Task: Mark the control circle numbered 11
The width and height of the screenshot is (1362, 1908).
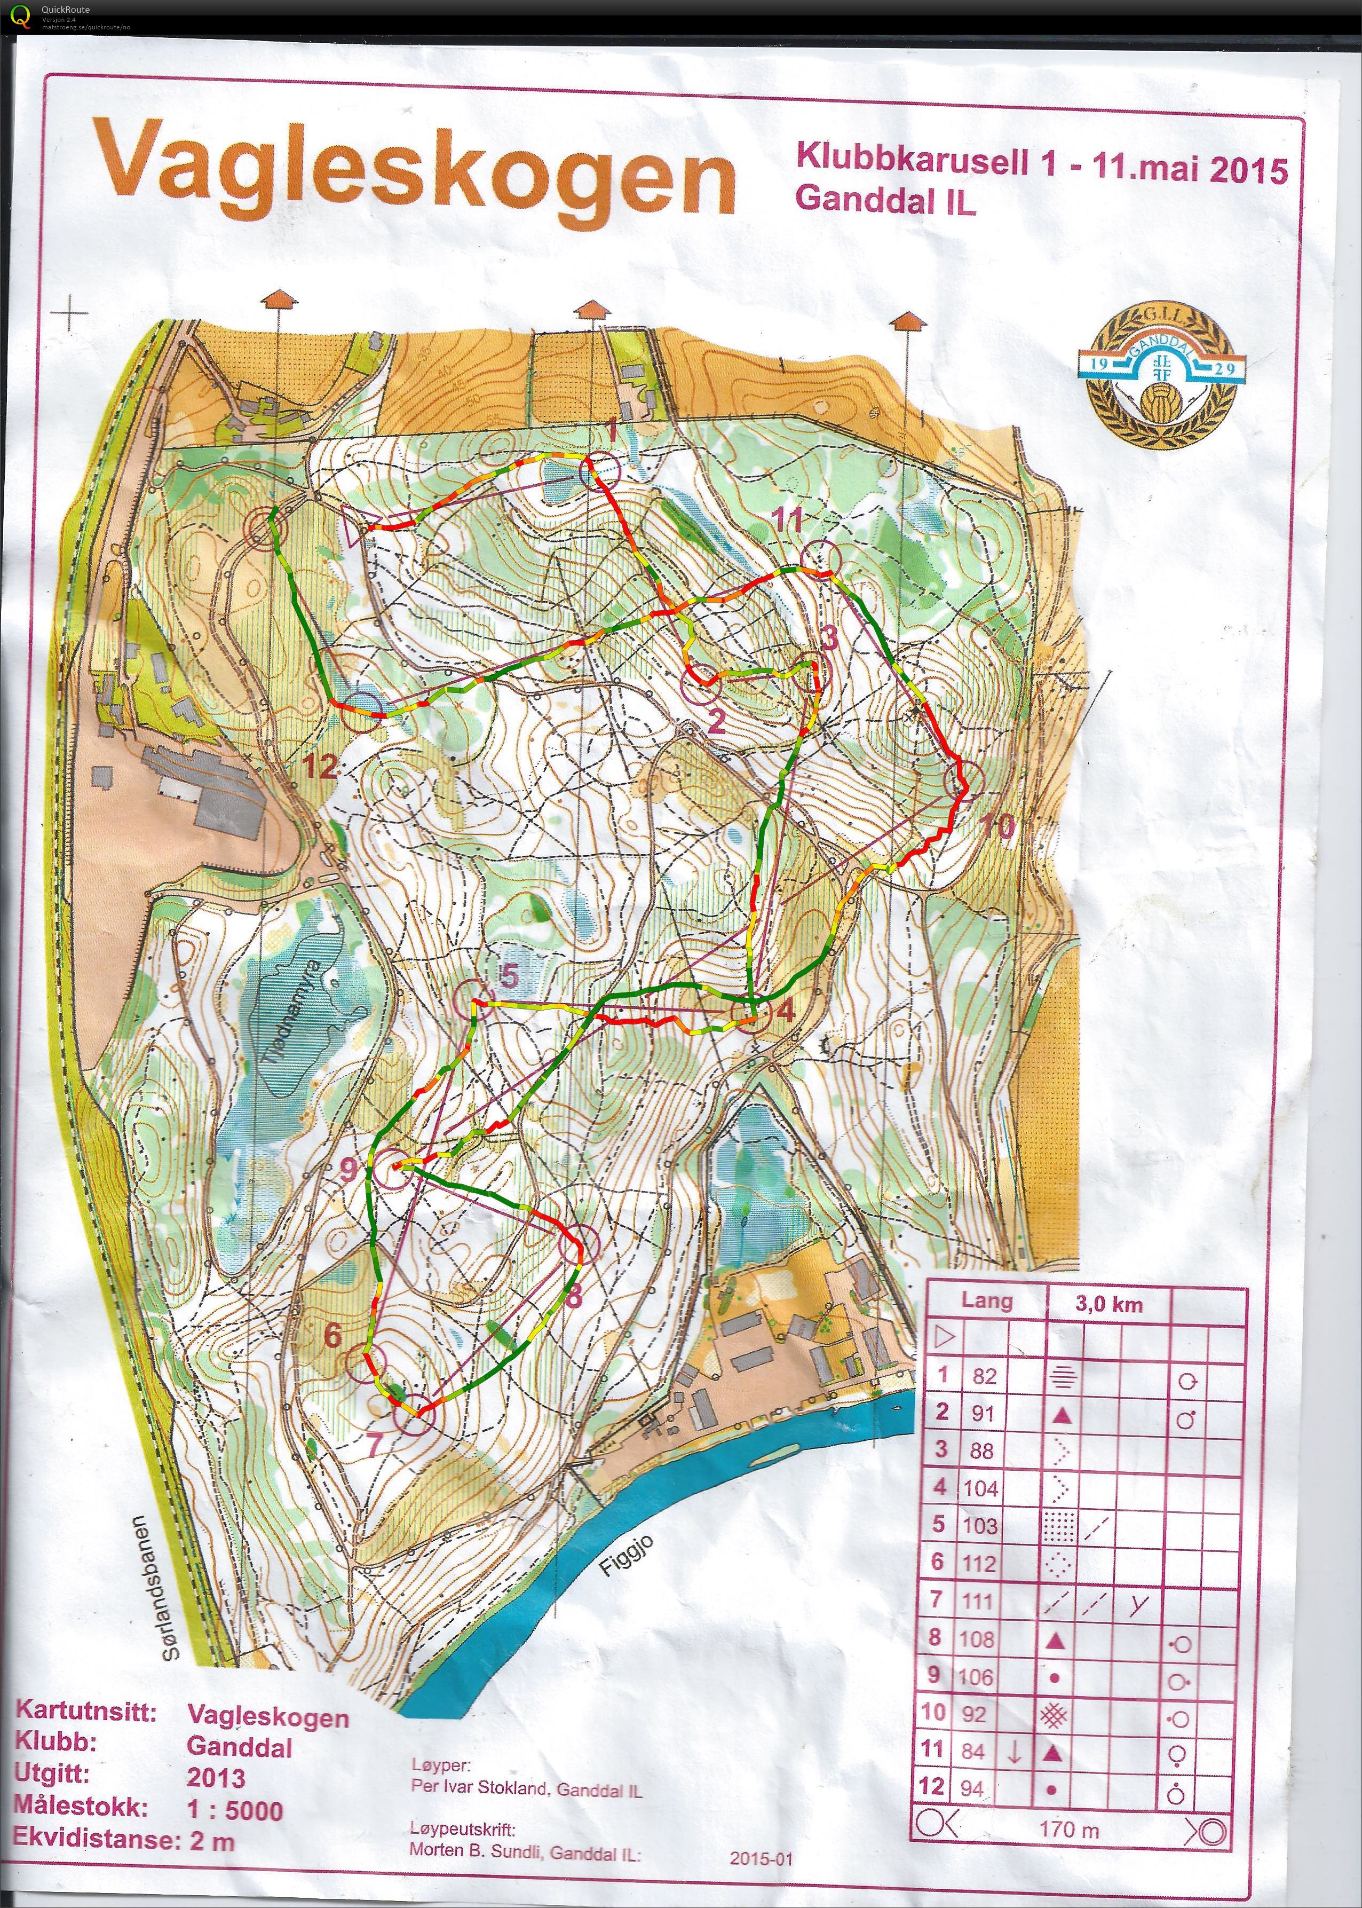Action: (x=821, y=558)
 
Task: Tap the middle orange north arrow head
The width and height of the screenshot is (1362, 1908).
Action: (x=590, y=309)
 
